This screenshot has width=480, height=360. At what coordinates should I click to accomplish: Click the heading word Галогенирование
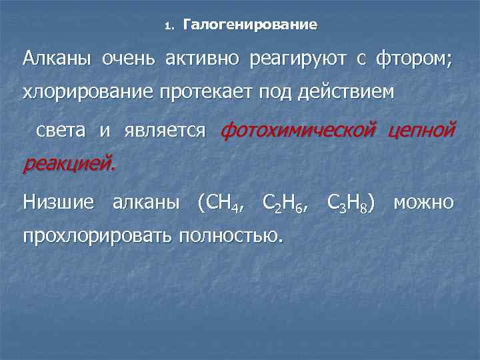tap(250, 25)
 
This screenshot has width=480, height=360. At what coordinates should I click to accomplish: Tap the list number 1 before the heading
tap(168, 27)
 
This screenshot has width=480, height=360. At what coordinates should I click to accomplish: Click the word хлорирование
tap(88, 93)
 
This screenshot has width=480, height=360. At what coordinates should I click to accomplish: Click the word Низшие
tap(59, 201)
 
